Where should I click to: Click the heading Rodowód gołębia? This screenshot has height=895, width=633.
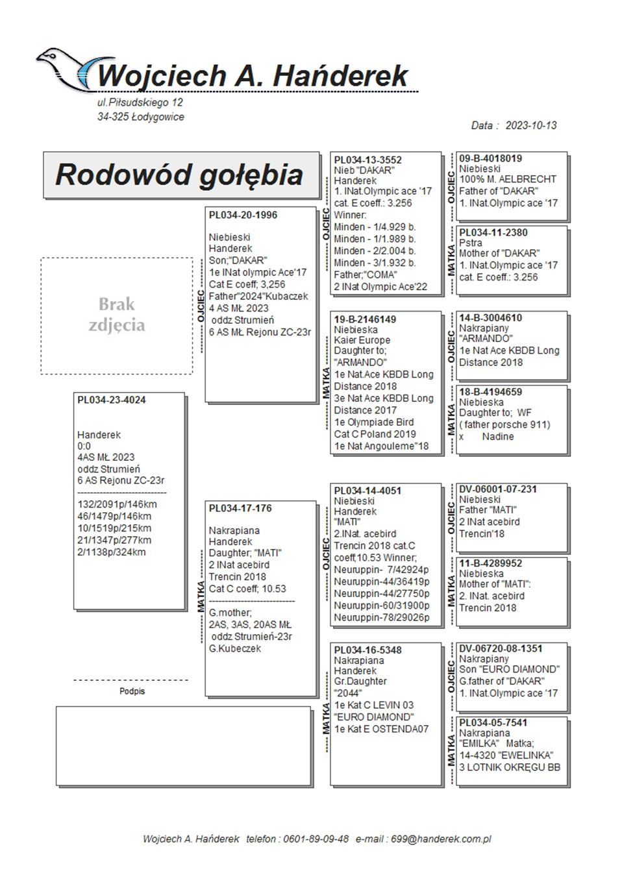[179, 175]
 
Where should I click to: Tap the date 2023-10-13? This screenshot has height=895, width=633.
[530, 125]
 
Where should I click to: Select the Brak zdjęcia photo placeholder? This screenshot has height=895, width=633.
[117, 315]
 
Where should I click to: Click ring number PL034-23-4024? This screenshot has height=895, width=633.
[112, 400]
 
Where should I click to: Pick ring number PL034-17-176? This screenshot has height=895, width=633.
[240, 509]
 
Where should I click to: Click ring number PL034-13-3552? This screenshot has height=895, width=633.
[367, 160]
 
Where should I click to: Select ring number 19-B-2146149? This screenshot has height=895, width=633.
[365, 319]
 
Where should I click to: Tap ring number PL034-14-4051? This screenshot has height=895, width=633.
[367, 491]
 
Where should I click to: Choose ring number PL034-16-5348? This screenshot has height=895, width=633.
[367, 650]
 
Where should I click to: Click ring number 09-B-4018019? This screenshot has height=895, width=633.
[490, 158]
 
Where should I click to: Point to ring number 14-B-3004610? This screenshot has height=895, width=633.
[490, 318]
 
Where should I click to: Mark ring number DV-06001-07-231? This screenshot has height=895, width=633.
[498, 489]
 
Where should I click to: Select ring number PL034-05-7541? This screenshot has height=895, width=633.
[493, 723]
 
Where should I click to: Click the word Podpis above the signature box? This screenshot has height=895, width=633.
[132, 692]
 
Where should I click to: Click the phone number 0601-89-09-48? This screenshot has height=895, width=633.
[316, 839]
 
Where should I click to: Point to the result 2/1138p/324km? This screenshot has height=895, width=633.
[112, 552]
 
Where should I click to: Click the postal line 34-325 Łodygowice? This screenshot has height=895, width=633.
[141, 117]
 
